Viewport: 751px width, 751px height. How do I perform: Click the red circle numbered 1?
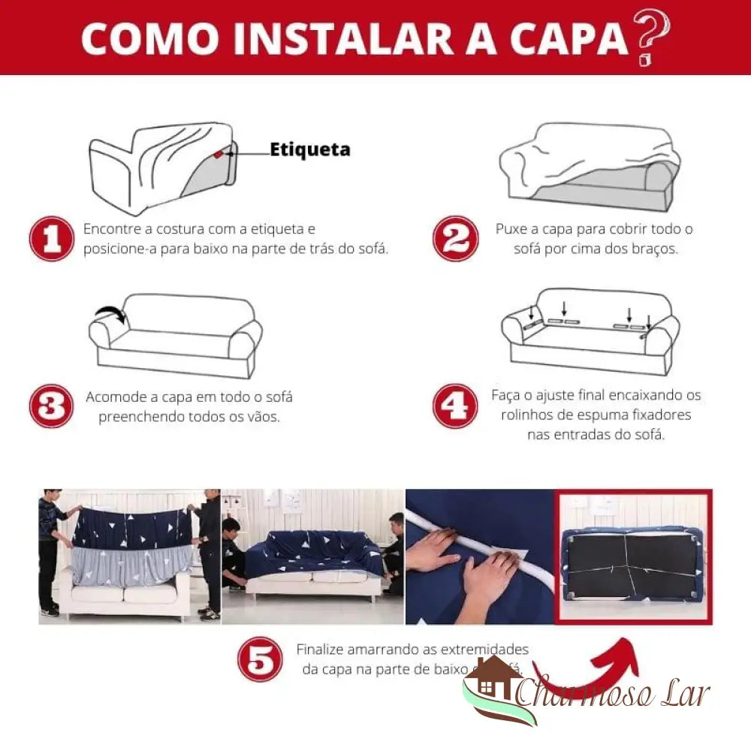point(51,239)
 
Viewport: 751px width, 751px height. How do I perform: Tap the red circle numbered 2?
point(455,239)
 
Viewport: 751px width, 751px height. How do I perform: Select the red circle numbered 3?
point(51,406)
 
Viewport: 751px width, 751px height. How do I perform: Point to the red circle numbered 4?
point(455,406)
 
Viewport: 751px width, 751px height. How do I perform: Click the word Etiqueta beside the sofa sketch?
point(309,149)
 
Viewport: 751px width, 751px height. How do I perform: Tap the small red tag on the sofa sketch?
point(218,155)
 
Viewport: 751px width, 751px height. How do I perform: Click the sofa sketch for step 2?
point(590,165)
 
